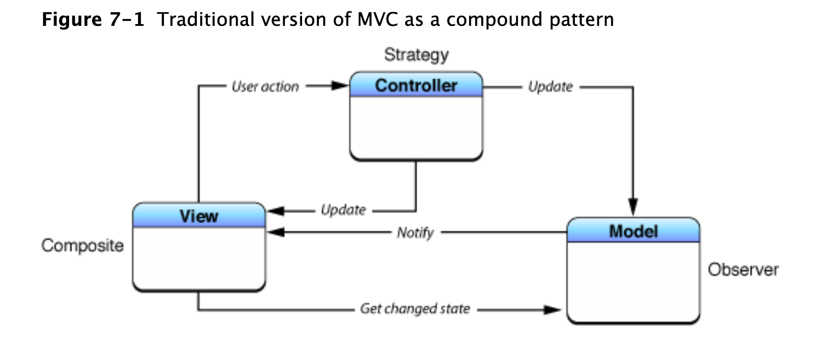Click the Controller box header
[416, 86]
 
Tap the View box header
[199, 216]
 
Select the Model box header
[633, 232]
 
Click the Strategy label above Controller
[416, 55]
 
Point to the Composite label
[82, 246]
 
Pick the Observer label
[743, 269]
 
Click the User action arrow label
[265, 87]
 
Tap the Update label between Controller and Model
[550, 87]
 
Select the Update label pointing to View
[343, 210]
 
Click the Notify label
[415, 233]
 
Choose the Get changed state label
[415, 309]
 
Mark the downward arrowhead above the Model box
[633, 208]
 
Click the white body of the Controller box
[416, 127]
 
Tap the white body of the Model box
[633, 282]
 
